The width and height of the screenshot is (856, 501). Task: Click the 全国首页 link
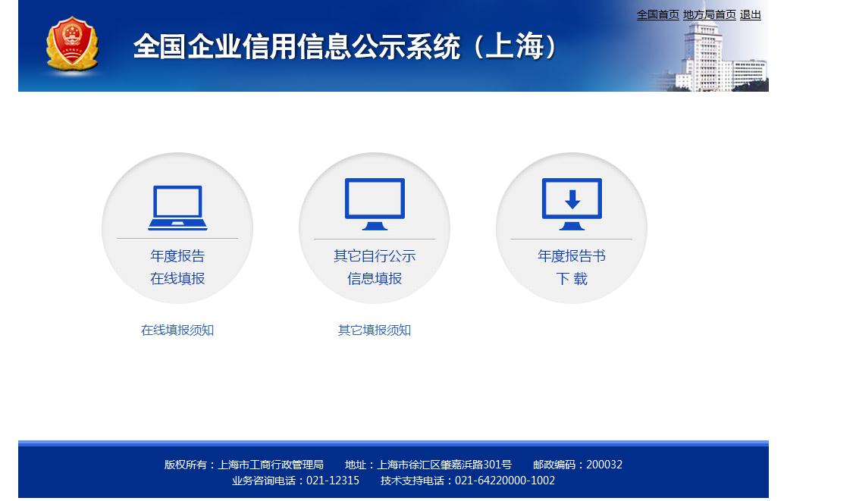658,14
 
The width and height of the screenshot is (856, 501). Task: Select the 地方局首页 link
709,14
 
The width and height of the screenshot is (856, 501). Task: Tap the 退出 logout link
750,14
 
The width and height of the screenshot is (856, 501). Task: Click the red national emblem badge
72,44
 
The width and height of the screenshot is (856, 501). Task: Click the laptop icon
177,208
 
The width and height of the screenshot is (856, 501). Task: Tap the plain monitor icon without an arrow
375,204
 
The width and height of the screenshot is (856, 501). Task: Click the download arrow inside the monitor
572,200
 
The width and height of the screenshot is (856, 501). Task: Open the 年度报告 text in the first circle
177,256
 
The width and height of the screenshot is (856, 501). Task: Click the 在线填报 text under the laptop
177,278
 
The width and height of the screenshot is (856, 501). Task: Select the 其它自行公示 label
375,256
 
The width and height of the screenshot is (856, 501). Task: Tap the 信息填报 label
375,278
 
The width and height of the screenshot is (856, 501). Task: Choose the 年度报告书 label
572,256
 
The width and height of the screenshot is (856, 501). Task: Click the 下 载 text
572,279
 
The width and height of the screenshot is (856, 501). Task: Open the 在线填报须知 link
177,330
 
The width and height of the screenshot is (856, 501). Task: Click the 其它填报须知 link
375,330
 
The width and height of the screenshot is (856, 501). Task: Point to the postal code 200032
604,465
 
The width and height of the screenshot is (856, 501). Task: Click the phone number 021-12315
333,481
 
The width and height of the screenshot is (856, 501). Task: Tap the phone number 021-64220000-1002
505,481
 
